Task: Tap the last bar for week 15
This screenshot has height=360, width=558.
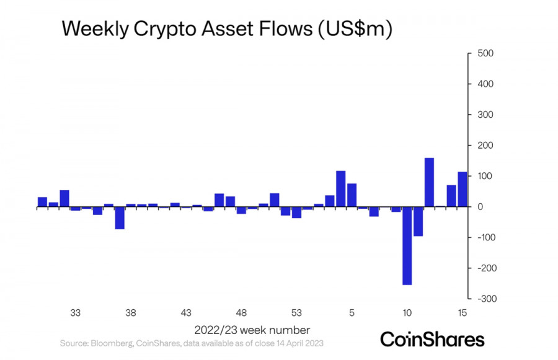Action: [x=462, y=189]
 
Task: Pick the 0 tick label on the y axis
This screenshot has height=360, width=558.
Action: [x=480, y=207]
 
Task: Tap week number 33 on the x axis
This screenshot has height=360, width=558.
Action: [x=76, y=313]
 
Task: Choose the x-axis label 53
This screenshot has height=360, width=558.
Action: [x=296, y=313]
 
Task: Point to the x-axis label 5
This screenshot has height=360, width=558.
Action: [x=352, y=313]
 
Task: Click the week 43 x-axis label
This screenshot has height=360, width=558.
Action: [x=186, y=313]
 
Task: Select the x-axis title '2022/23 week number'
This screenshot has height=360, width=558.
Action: [x=252, y=330]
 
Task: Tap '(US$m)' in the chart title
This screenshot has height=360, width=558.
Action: [x=355, y=30]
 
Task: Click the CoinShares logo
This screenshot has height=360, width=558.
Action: [x=432, y=339]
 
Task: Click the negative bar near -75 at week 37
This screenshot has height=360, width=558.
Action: [x=120, y=218]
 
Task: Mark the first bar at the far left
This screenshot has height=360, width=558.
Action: [x=42, y=202]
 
